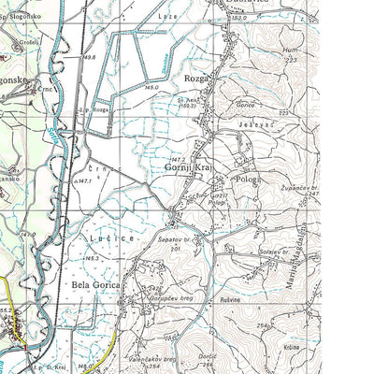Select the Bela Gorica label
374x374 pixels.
click(x=97, y=281)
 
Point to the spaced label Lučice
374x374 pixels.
click(x=104, y=239)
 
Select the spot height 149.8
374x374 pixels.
click(x=90, y=57)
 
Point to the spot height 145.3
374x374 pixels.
click(x=92, y=259)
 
